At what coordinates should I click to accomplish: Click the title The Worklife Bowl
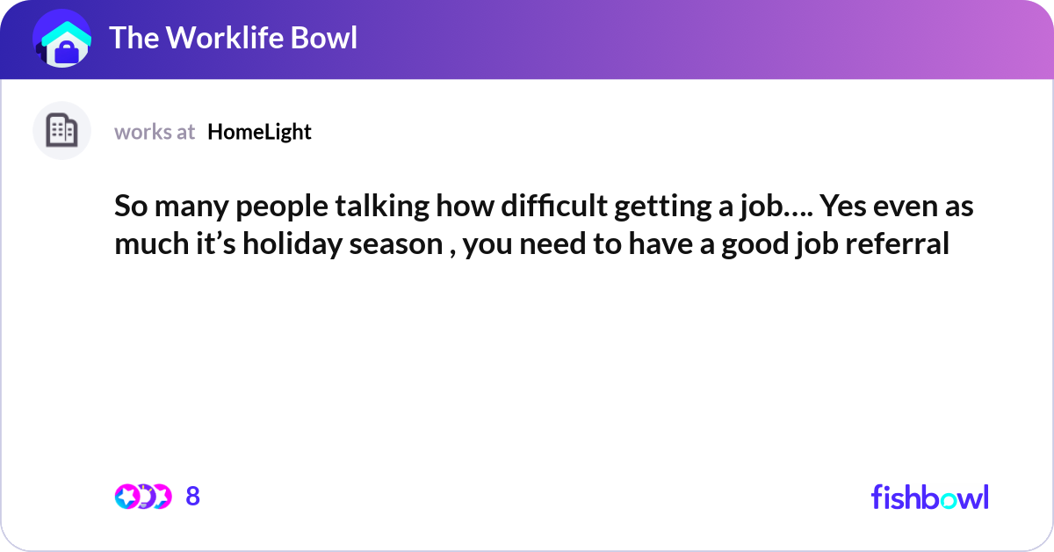pyautogui.click(x=233, y=38)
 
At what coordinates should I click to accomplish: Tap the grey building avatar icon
pyautogui.click(x=61, y=131)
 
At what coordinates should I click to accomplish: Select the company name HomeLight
pyautogui.click(x=259, y=132)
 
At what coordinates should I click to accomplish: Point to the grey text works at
pyautogui.click(x=155, y=132)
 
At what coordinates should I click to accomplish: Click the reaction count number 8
pyautogui.click(x=193, y=497)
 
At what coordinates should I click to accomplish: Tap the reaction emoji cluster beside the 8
pyautogui.click(x=142, y=497)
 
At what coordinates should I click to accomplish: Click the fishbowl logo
pyautogui.click(x=929, y=497)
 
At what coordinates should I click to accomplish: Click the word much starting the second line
pyautogui.click(x=144, y=243)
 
